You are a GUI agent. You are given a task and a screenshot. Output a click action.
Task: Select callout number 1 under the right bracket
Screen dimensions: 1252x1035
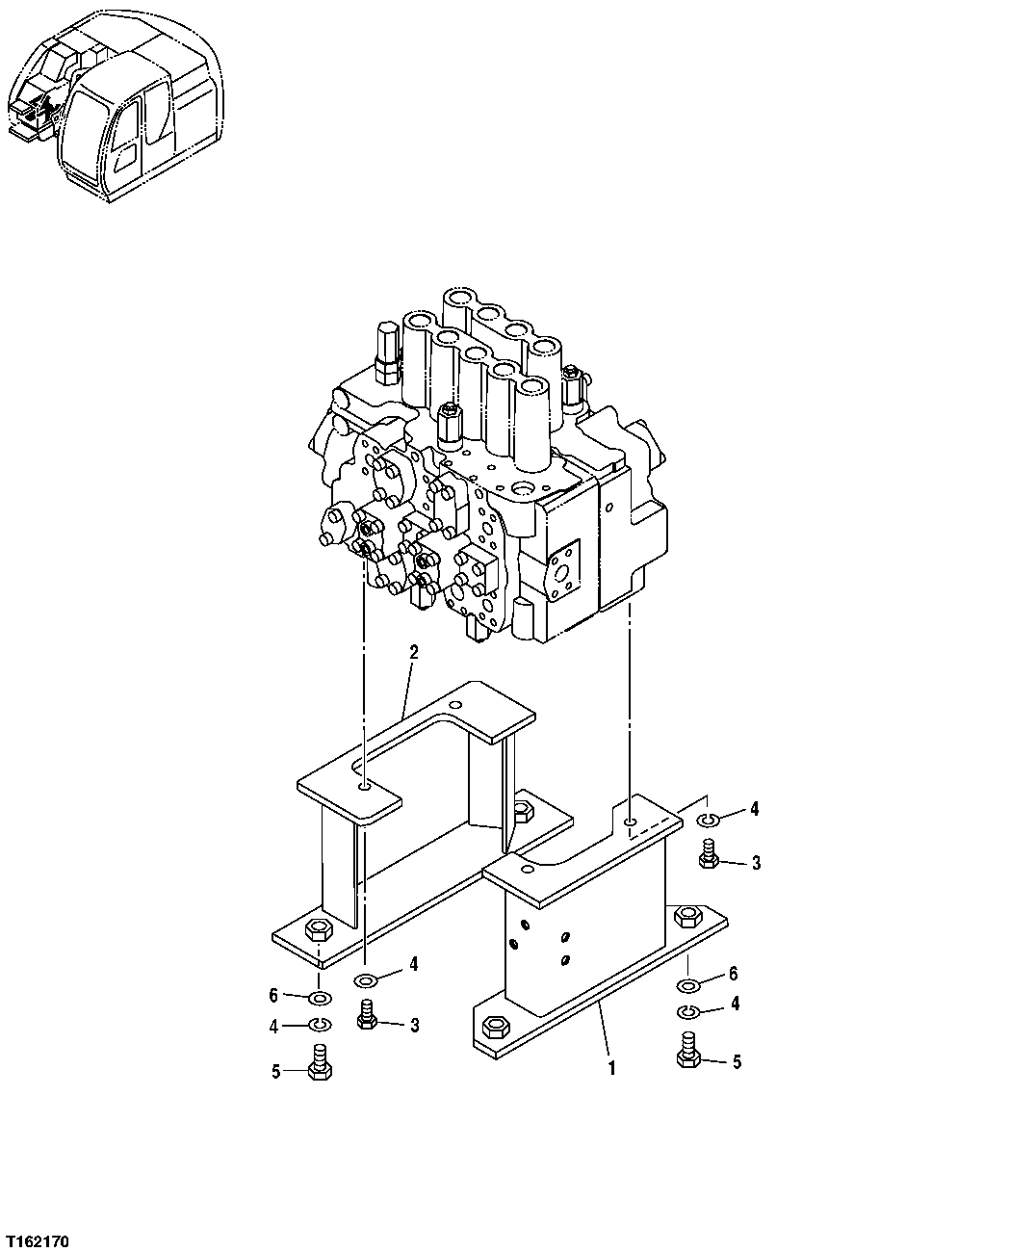(x=610, y=1067)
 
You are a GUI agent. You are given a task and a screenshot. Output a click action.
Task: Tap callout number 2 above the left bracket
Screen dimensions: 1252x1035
(x=413, y=652)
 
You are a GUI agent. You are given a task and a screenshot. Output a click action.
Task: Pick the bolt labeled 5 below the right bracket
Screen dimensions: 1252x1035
(x=687, y=1051)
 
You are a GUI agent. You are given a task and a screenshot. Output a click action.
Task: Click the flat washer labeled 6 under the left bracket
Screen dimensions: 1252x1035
(x=320, y=995)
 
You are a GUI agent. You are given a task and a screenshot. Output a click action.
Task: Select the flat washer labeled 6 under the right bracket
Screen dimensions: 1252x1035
(x=687, y=985)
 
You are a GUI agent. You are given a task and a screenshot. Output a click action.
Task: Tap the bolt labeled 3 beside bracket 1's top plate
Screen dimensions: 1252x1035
(x=709, y=856)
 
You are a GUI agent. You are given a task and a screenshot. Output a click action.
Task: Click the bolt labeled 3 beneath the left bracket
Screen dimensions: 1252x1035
(x=366, y=1017)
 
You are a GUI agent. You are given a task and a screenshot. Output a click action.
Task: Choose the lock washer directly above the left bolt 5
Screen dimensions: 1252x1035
(x=320, y=1025)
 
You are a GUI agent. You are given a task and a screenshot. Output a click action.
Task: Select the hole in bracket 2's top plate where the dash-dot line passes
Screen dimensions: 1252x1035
(x=365, y=789)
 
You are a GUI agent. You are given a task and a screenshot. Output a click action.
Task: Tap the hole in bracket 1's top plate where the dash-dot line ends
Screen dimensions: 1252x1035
(x=629, y=823)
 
